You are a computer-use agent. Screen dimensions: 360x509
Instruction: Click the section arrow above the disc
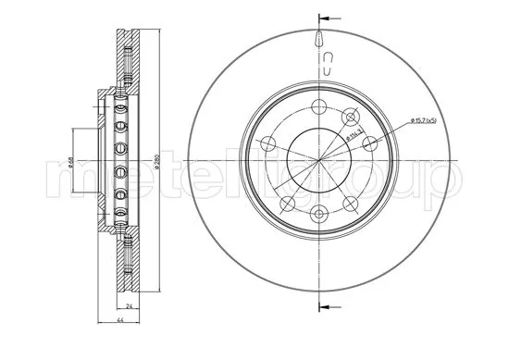coord(326,18)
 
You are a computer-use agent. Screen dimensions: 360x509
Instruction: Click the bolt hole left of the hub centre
coord(267,143)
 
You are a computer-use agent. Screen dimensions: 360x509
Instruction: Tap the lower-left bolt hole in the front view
coord(286,204)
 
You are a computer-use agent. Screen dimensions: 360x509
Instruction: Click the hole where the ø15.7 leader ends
coord(370,143)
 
